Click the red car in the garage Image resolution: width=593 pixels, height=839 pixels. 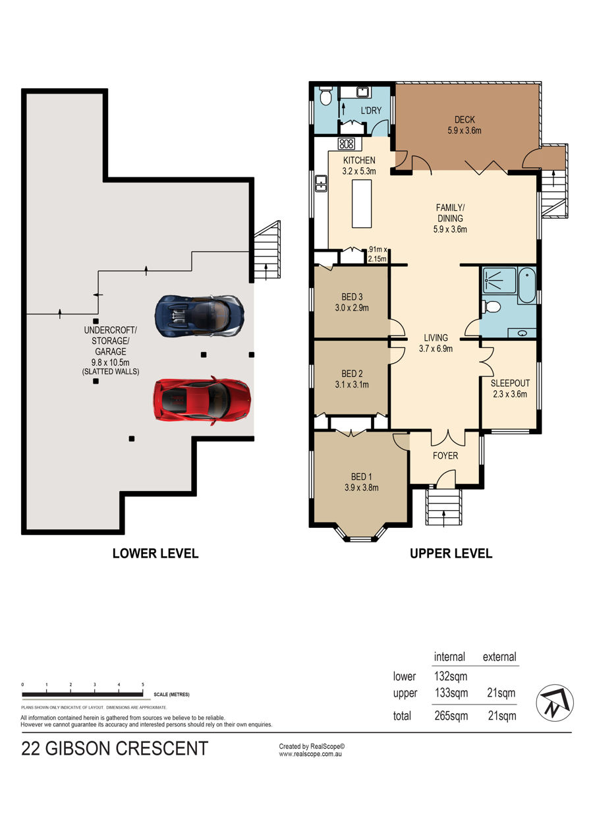click(202, 401)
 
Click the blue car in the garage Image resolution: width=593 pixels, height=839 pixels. click(199, 316)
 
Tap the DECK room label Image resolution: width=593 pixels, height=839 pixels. click(465, 120)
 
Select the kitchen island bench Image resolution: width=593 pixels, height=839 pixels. click(362, 204)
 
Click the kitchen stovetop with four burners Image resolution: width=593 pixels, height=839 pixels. click(347, 144)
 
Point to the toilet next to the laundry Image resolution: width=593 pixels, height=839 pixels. click(326, 97)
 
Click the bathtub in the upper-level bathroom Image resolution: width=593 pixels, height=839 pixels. click(526, 285)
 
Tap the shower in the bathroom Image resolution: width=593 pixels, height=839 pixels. click(499, 280)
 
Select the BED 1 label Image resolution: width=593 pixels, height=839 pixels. click(361, 477)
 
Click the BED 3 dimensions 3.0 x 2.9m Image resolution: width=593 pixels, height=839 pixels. click(352, 308)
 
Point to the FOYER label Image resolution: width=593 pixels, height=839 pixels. click(445, 456)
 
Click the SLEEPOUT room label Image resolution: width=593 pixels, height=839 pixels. click(510, 383)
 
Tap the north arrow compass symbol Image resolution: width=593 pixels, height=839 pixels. click(554, 703)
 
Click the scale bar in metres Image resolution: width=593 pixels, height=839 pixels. click(82, 695)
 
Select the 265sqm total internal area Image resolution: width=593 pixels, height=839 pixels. click(451, 716)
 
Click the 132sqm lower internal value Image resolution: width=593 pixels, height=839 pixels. click(451, 676)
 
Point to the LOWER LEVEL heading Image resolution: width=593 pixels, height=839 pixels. click(155, 554)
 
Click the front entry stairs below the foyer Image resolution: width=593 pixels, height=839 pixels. click(444, 507)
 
